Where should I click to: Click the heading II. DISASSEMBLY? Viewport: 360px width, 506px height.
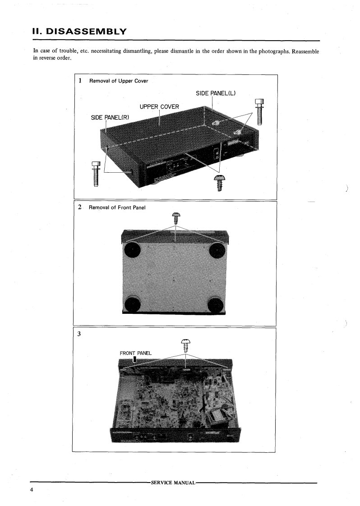[x=80, y=32]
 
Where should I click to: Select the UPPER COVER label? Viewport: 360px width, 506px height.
[x=159, y=107]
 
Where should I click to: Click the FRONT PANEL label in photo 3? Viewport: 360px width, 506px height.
[x=135, y=353]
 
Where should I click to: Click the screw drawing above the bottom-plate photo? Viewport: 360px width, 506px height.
[x=175, y=218]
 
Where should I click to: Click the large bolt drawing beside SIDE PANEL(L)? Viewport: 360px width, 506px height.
[x=259, y=111]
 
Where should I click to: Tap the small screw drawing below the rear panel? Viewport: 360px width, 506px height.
[x=219, y=182]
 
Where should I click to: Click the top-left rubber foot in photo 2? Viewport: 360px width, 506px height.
[x=132, y=250]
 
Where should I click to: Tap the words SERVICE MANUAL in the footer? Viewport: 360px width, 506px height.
[x=173, y=483]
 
